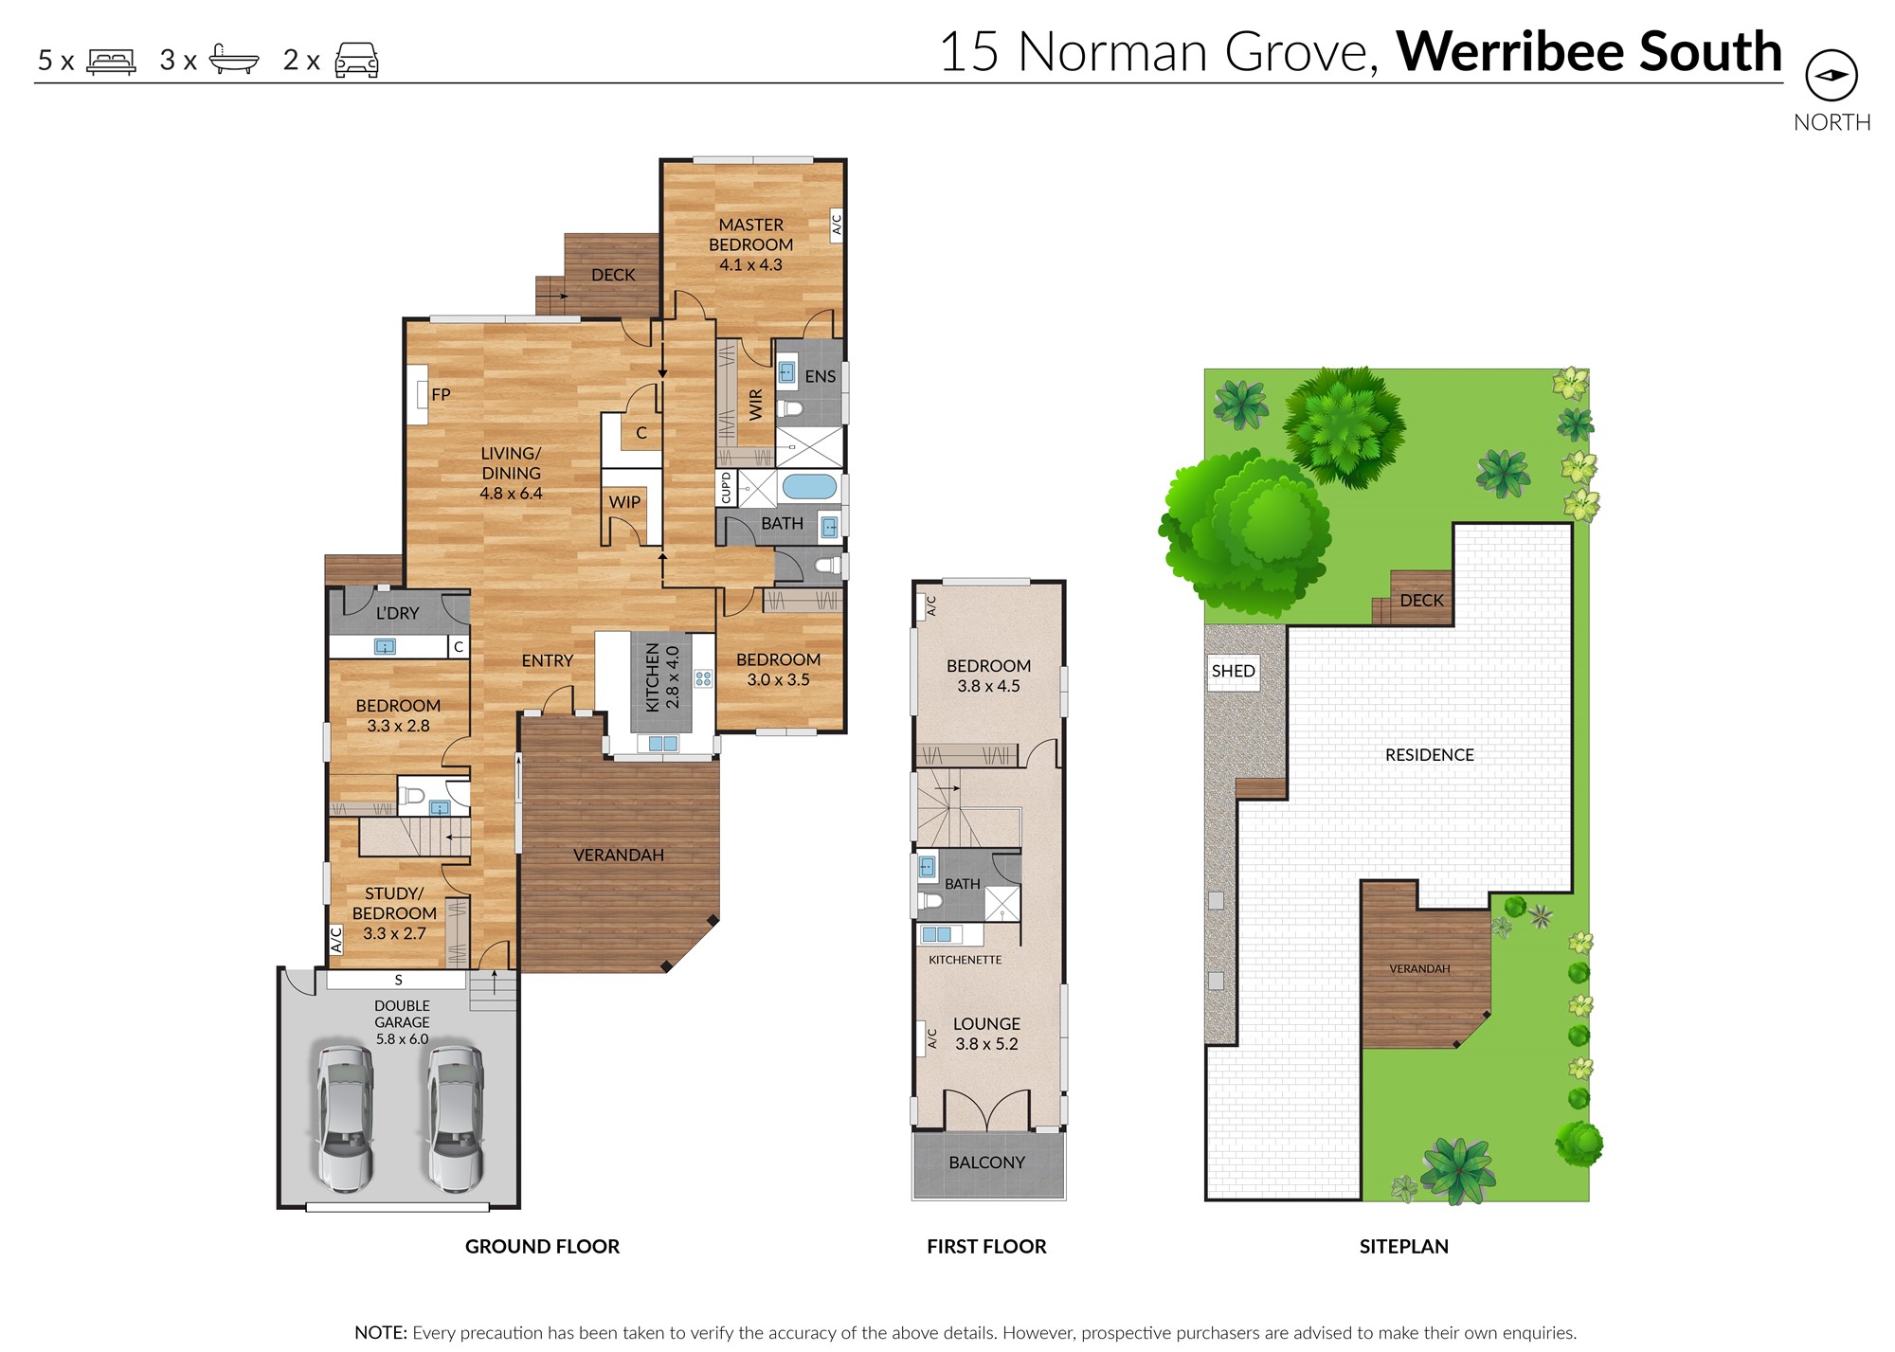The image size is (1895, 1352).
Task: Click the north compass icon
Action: pyautogui.click(x=1832, y=76)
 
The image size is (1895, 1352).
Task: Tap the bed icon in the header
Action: pyautogui.click(x=111, y=62)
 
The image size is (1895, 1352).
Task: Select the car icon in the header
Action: pyautogui.click(x=356, y=61)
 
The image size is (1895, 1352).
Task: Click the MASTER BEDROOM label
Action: pyautogui.click(x=750, y=234)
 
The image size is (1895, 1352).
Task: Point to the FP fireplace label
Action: pyautogui.click(x=441, y=394)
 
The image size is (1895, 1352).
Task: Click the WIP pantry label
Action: pyautogui.click(x=624, y=502)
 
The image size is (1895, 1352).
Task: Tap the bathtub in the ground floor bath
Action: pyautogui.click(x=808, y=488)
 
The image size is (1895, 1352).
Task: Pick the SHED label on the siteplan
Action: pyautogui.click(x=1233, y=671)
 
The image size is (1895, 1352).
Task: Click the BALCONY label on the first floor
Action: pyautogui.click(x=987, y=1163)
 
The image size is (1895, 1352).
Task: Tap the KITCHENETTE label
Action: pyautogui.click(x=965, y=960)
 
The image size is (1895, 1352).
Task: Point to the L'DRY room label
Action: pyautogui.click(x=397, y=613)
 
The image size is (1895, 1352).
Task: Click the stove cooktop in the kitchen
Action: pyautogui.click(x=703, y=678)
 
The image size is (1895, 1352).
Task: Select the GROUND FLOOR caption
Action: pyautogui.click(x=542, y=1247)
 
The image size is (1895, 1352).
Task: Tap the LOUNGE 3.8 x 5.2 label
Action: pyautogui.click(x=986, y=1034)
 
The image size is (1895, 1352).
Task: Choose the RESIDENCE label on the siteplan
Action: pyautogui.click(x=1430, y=755)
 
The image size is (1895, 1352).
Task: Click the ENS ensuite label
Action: pyautogui.click(x=821, y=376)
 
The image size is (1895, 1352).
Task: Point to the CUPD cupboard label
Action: pyautogui.click(x=727, y=488)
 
